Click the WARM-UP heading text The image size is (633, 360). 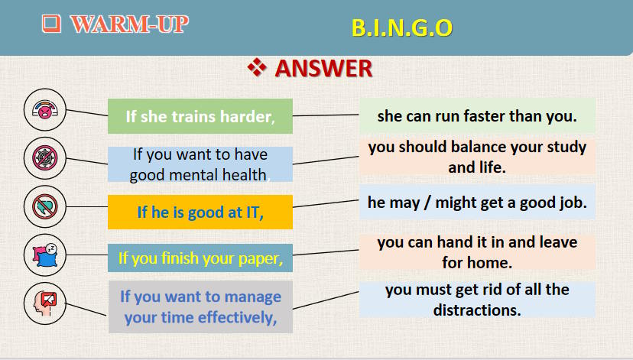pos(129,24)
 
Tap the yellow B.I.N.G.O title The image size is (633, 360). pos(401,28)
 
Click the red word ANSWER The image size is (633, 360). pos(323,68)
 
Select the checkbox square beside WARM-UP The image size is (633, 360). pos(51,24)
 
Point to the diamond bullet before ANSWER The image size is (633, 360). pos(257,67)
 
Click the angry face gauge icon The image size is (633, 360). pos(45,109)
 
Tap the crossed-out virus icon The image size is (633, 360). pos(45,157)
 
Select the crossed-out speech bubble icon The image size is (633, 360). pos(45,206)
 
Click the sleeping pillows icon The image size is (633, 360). pos(45,255)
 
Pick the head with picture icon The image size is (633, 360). pos(45,303)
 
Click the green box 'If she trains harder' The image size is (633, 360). pos(200,116)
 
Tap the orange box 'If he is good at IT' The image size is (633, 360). pos(200,212)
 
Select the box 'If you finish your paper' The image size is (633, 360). pos(200,258)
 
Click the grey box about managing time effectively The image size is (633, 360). pos(200,306)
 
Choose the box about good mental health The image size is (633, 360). pos(200,164)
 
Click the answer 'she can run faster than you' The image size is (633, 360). pos(477,116)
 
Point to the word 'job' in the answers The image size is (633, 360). pos(573,203)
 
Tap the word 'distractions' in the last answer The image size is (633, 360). pos(477,310)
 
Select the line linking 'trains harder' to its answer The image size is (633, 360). pos(326,115)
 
